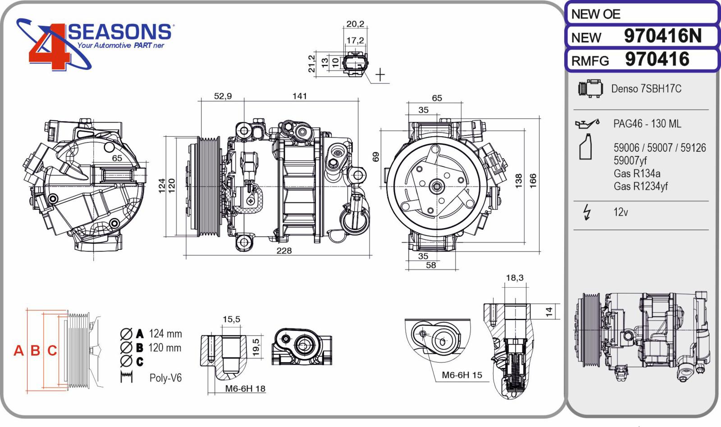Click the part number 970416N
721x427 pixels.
[x=662, y=36]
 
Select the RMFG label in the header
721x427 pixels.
[x=590, y=61]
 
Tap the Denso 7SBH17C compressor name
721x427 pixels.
[x=646, y=88]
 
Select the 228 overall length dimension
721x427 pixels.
[x=284, y=251]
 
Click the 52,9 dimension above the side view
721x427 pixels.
[x=223, y=96]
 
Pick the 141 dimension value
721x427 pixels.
[x=299, y=96]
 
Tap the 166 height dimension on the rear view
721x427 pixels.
[x=533, y=181]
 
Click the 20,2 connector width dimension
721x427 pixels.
[x=356, y=24]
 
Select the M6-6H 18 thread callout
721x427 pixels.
[x=245, y=389]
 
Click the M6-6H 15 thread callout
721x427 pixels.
[x=462, y=375]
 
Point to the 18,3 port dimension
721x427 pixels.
[x=515, y=278]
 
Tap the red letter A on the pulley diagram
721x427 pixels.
[x=18, y=350]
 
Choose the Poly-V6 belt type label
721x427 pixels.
[x=165, y=378]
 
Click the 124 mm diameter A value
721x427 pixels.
[x=165, y=334]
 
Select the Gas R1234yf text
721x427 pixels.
[x=640, y=187]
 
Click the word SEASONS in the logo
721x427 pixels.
[x=119, y=32]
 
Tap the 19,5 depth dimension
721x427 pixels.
[x=256, y=347]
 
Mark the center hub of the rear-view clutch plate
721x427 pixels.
[x=437, y=187]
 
